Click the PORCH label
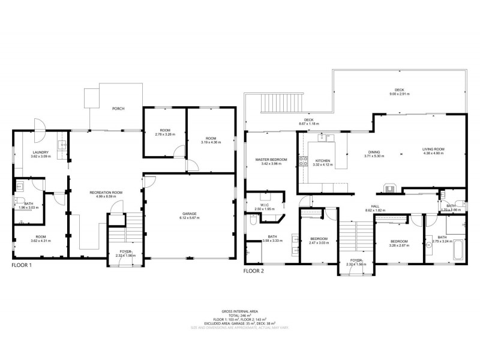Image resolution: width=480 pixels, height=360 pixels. pyautogui.click(x=119, y=109)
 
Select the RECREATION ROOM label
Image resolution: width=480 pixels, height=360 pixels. pyautogui.click(x=106, y=193)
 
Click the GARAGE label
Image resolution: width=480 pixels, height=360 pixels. pyautogui.click(x=190, y=214)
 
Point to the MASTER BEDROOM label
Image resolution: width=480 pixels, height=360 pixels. pyautogui.click(x=271, y=160)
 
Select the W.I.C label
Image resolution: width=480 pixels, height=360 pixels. pyautogui.click(x=265, y=205)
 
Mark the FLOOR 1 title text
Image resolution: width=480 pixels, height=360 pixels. pyautogui.click(x=22, y=265)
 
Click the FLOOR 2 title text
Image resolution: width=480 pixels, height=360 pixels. pyautogui.click(x=254, y=271)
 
